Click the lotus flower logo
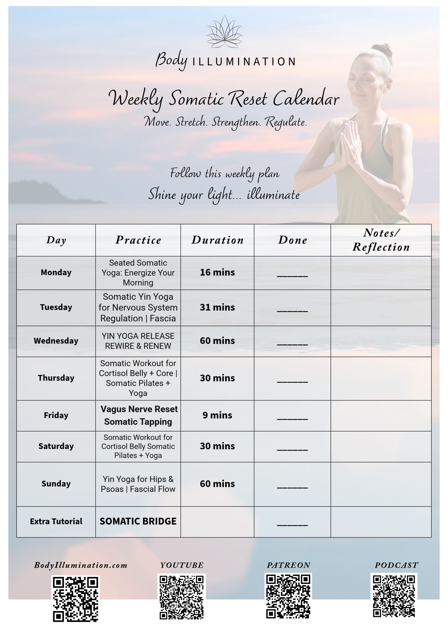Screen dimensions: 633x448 (224, 33)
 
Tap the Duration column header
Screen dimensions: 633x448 (218, 240)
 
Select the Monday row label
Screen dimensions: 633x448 (56, 272)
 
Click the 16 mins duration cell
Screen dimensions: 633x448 (218, 272)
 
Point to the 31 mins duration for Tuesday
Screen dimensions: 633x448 (218, 307)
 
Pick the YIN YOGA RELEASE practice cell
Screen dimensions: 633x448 (138, 341)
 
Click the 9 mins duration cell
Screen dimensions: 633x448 (218, 415)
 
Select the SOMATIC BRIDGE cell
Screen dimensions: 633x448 (138, 521)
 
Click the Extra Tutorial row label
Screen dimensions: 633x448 (56, 521)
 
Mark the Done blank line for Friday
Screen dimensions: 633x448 (292, 419)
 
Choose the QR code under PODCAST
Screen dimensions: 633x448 (394, 595)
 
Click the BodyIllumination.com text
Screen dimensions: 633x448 (81, 565)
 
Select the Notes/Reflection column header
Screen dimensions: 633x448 (381, 240)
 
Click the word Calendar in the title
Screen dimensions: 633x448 (306, 99)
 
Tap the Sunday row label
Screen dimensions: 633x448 (56, 484)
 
